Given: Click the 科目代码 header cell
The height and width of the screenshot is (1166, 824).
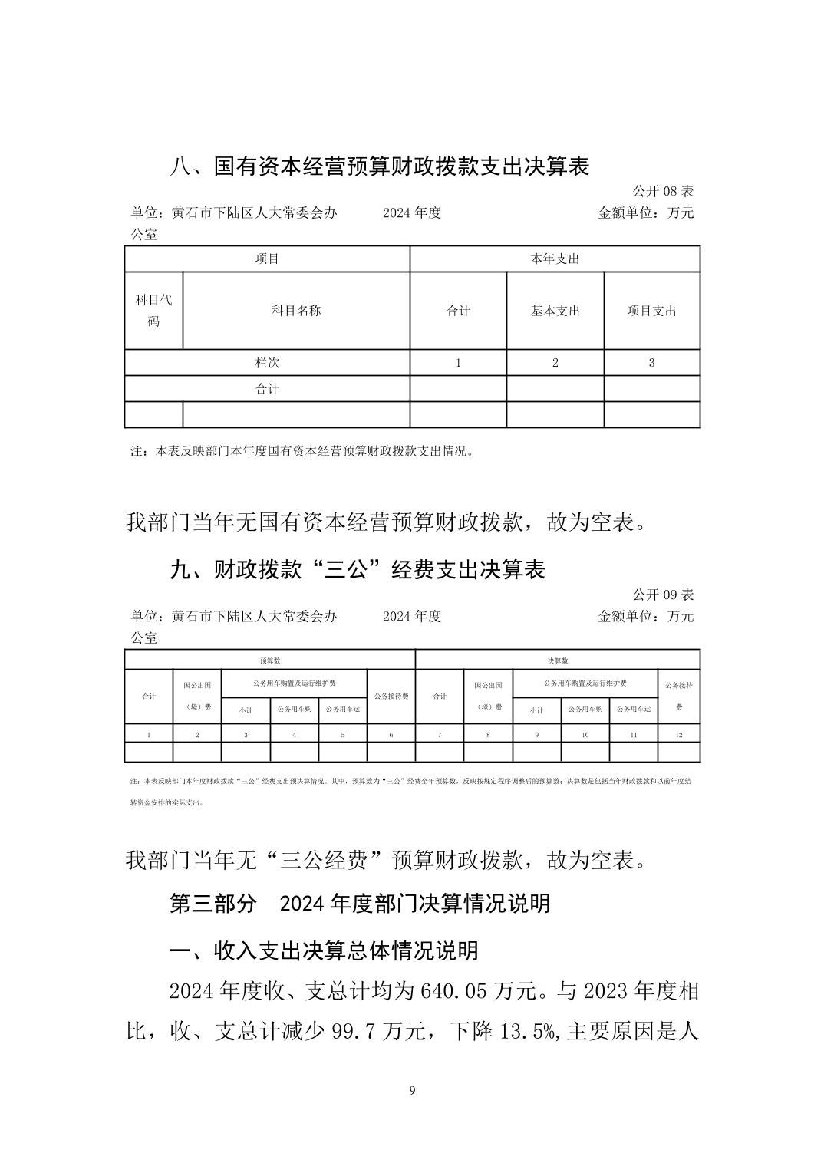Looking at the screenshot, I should [x=153, y=311].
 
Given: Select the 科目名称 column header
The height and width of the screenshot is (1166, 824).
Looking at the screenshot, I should [x=296, y=311].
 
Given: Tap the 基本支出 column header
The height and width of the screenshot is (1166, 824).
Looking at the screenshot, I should [x=555, y=311].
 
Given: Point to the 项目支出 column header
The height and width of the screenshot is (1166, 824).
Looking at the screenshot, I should [x=652, y=311].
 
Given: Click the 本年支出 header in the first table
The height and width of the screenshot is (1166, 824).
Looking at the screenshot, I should [x=555, y=259].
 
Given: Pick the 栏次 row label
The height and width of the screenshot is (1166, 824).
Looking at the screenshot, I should [x=267, y=363].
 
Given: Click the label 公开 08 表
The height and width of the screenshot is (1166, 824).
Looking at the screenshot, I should [x=663, y=191].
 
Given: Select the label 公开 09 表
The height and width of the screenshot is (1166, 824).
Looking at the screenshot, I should [x=663, y=595].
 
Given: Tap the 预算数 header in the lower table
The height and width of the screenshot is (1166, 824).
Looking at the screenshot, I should [x=269, y=660].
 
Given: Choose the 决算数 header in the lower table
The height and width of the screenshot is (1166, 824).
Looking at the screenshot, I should [x=558, y=660].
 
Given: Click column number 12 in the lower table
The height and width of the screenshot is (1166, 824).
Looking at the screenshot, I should [x=679, y=735].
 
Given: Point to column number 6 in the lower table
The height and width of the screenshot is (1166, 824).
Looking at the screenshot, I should [x=391, y=735].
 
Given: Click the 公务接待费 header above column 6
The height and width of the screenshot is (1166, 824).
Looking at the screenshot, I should [x=391, y=697].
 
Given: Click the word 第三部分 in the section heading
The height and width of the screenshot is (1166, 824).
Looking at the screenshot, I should [x=213, y=904].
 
